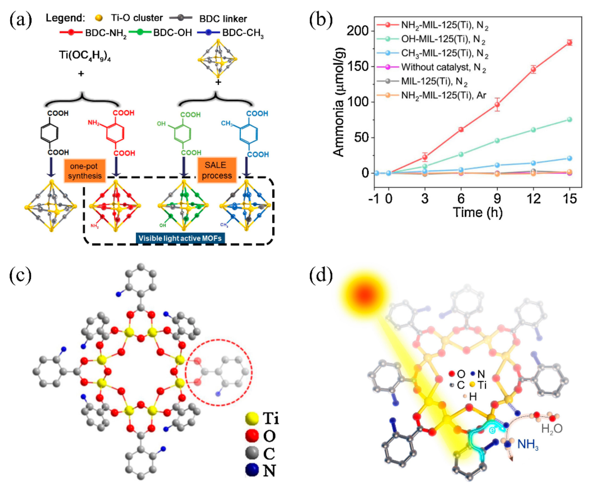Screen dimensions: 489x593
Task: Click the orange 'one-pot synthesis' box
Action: [x=85, y=171]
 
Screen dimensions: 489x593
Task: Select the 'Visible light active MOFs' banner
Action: [x=180, y=238]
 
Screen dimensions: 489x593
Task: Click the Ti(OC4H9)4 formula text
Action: [x=85, y=55]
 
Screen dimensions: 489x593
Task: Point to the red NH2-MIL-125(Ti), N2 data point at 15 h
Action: [x=569, y=42]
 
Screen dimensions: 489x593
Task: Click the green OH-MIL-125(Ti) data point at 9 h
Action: [x=497, y=141]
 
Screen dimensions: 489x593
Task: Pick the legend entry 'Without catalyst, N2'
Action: [x=444, y=67]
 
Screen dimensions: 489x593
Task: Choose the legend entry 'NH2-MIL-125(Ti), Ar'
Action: [x=444, y=95]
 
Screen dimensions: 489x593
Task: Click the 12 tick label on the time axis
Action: [x=533, y=199]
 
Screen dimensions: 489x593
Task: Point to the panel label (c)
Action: [x=20, y=275]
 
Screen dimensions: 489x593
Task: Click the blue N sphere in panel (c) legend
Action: [x=252, y=470]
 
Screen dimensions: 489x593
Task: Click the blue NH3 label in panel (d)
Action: [x=528, y=444]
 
